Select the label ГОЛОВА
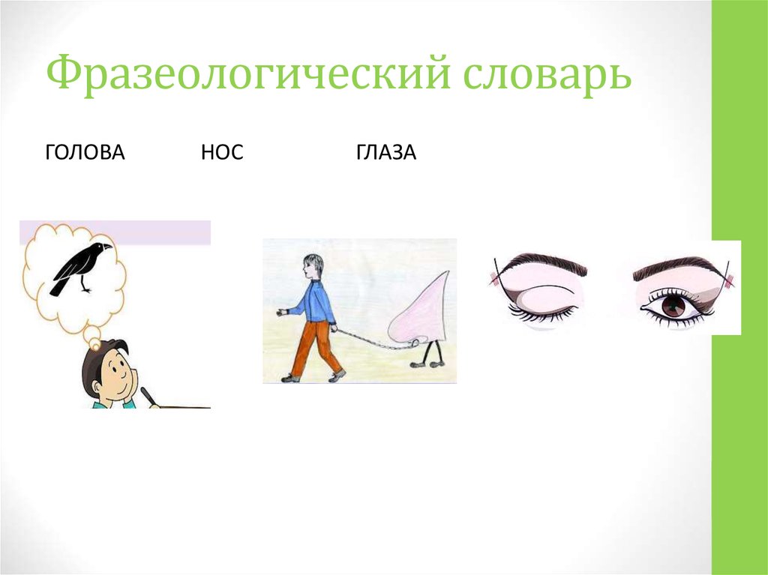[x=85, y=154]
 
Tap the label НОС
[x=222, y=154]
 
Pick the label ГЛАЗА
[x=386, y=154]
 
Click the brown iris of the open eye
[x=673, y=304]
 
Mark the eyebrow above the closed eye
[x=544, y=262]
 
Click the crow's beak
[x=107, y=245]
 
